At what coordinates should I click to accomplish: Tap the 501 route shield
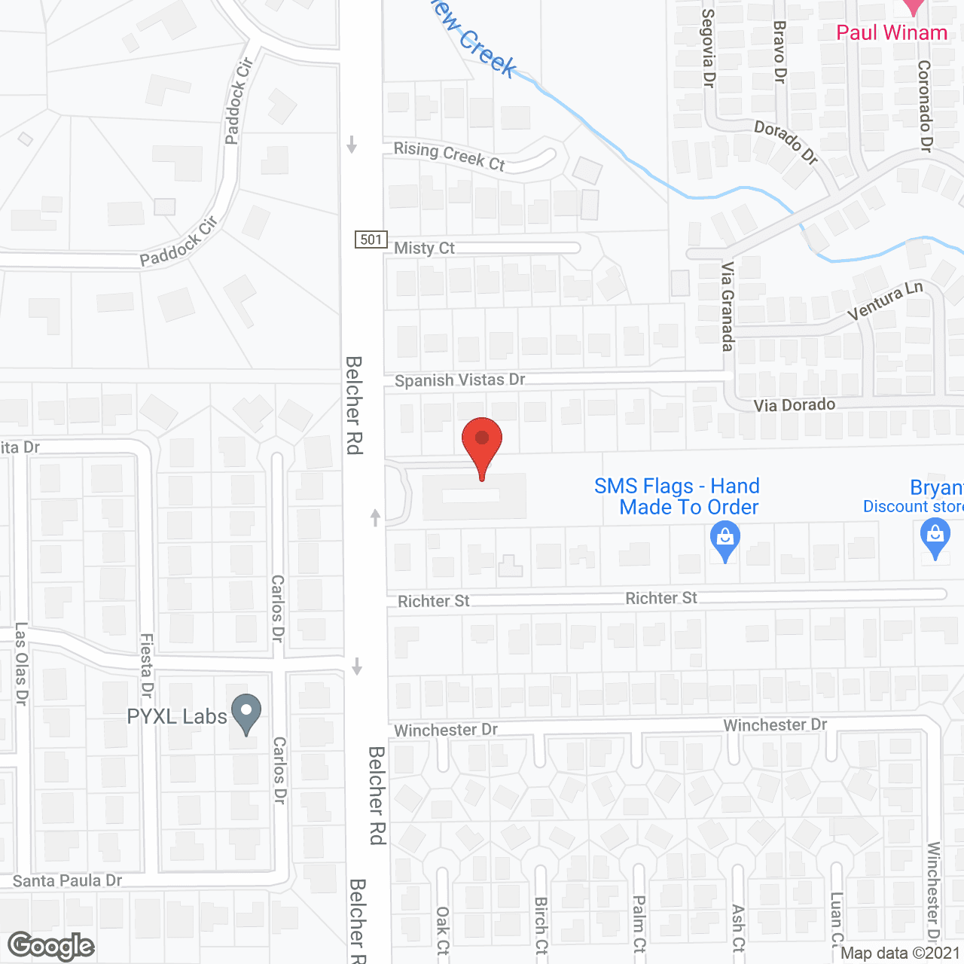(x=371, y=239)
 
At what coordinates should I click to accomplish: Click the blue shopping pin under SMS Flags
(x=725, y=541)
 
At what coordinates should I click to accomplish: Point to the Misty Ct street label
(x=424, y=248)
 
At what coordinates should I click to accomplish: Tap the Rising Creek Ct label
(x=449, y=156)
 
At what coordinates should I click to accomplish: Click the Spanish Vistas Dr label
(x=459, y=380)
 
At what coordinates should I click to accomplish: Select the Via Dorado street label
(x=794, y=405)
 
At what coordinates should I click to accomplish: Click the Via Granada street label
(x=728, y=307)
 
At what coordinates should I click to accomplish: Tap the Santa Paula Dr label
(x=67, y=880)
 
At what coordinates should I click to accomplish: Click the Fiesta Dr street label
(x=147, y=665)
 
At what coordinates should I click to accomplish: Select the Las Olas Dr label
(x=21, y=663)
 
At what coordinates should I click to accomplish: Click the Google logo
(x=51, y=946)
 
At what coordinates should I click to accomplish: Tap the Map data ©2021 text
(x=900, y=953)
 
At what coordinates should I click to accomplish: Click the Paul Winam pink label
(x=892, y=32)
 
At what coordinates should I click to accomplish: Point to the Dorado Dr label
(x=786, y=142)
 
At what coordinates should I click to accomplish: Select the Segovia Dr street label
(x=708, y=48)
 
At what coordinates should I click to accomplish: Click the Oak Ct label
(x=442, y=930)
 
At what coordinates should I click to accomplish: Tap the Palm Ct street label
(x=639, y=924)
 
